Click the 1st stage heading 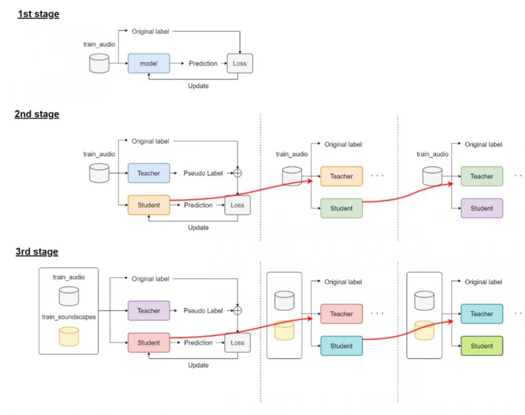38,14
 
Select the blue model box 149,64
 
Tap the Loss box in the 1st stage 239,64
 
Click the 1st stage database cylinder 99,63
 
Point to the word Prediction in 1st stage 203,64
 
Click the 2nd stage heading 37,114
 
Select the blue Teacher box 149,173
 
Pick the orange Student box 149,205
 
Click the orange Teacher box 341,177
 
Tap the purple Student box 481,209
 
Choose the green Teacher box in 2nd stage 481,177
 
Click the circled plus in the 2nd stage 238,173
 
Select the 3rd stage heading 37,252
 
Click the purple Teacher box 149,310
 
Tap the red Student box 149,343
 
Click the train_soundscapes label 69,317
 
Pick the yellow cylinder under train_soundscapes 69,336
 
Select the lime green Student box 481,346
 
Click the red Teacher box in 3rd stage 341,314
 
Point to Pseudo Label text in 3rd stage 203,310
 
